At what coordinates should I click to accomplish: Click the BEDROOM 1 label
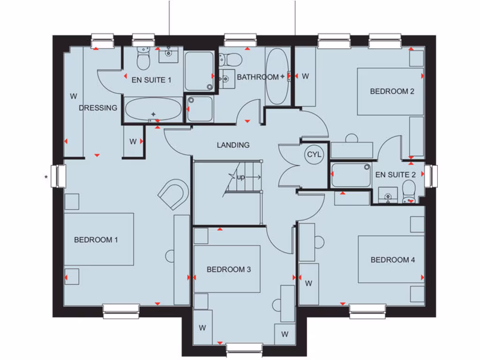point(96,240)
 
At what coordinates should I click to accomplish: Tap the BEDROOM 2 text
point(392,91)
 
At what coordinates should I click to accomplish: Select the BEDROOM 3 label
point(229,270)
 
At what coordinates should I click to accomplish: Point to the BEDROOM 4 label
point(393,260)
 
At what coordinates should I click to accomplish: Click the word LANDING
point(233,145)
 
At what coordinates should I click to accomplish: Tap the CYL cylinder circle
point(314,154)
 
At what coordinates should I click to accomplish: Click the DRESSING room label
point(98,108)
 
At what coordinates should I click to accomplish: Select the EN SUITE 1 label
point(151,80)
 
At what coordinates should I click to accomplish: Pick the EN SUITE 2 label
point(396,175)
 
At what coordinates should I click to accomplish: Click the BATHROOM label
point(257,77)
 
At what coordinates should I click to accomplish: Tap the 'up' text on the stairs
point(241,177)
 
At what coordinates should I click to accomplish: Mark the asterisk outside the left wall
point(45,177)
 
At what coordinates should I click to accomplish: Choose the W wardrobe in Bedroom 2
point(305,76)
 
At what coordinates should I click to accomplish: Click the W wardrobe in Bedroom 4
point(308,283)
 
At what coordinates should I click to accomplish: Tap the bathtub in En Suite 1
point(153,109)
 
